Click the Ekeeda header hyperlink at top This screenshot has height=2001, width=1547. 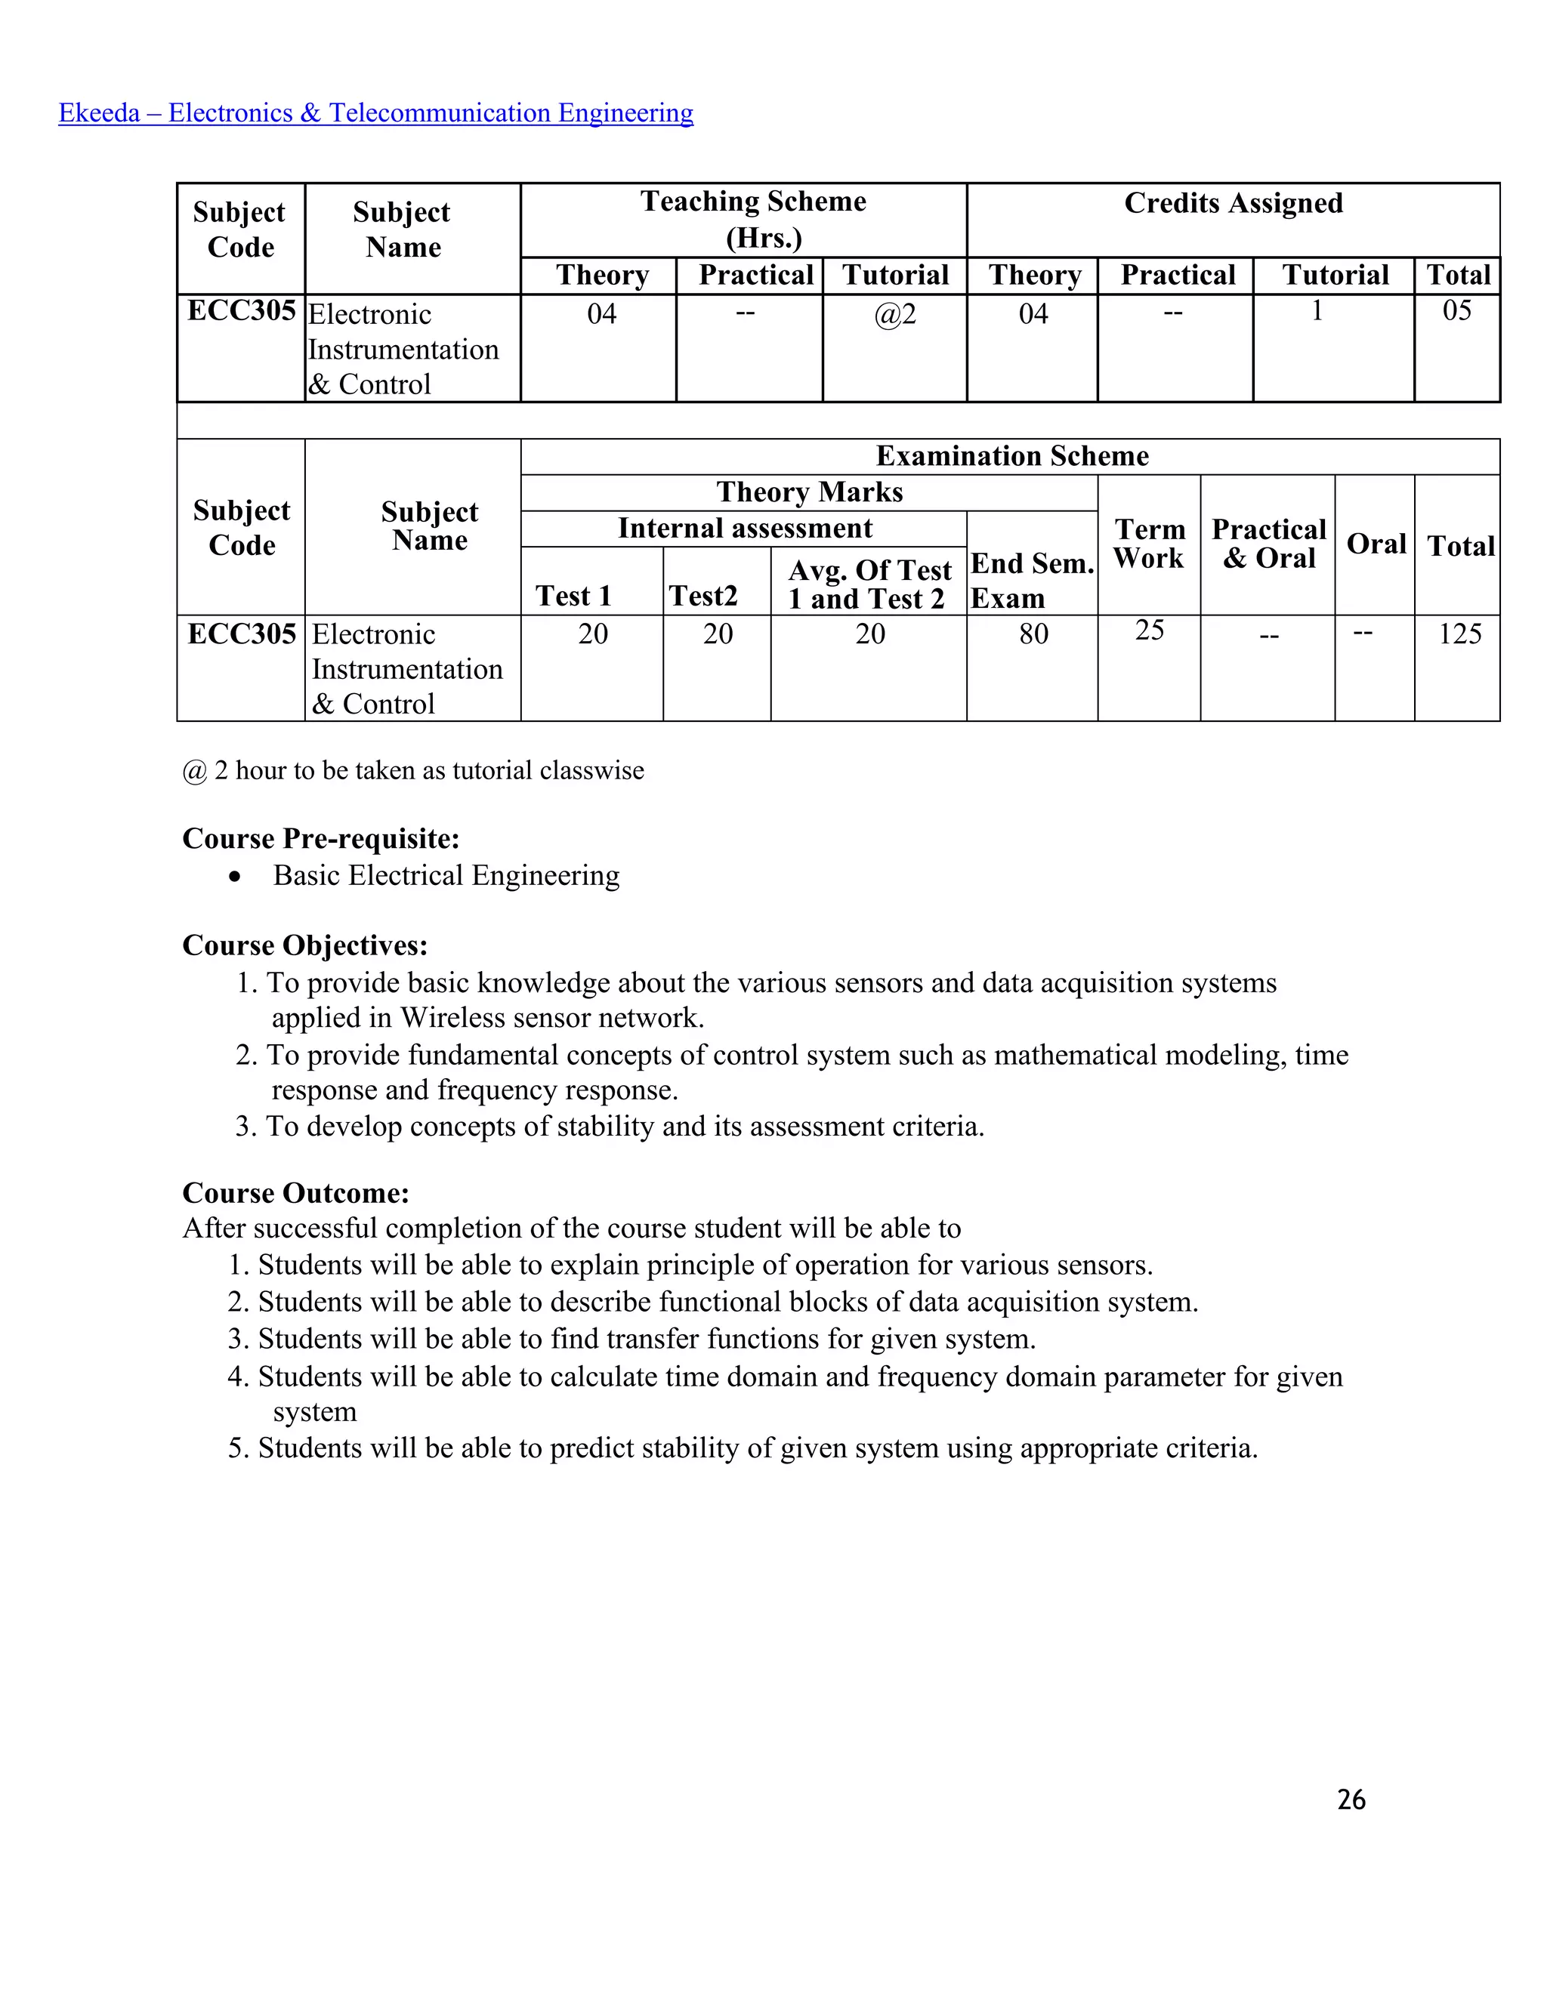coord(375,113)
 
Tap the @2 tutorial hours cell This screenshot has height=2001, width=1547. coord(894,314)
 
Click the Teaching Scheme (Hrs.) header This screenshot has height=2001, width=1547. coord(753,219)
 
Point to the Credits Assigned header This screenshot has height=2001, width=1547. coord(1233,202)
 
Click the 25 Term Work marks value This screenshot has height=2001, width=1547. coord(1149,631)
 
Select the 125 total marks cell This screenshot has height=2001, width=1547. coord(1459,634)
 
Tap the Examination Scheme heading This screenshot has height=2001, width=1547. coord(1011,456)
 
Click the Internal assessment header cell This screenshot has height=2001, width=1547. coord(744,529)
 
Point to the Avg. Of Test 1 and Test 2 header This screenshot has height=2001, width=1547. coord(869,584)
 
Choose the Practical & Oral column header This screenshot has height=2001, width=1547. coord(1268,544)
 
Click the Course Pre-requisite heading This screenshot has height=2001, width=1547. coord(321,838)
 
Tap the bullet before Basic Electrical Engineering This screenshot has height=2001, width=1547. coord(236,877)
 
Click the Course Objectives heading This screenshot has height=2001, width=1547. coord(304,945)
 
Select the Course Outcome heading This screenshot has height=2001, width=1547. coord(295,1193)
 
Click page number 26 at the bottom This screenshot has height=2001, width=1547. coord(1351,1799)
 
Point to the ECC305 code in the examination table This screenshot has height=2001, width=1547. coord(241,634)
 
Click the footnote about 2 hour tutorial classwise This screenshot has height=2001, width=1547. coord(412,770)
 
